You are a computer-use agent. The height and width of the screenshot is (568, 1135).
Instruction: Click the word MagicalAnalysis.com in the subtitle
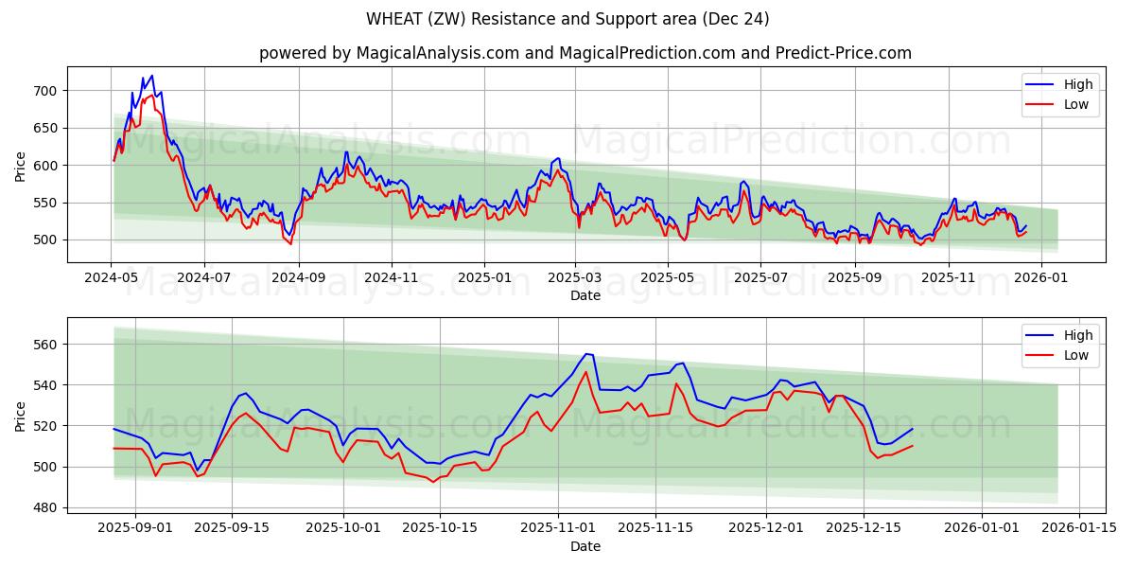pyautogui.click(x=437, y=53)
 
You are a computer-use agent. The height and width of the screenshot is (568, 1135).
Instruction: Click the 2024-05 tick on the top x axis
pyautogui.click(x=112, y=277)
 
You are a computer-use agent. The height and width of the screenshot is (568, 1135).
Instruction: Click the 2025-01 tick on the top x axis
pyautogui.click(x=484, y=277)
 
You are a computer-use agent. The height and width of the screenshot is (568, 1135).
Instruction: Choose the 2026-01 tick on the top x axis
pyautogui.click(x=1041, y=277)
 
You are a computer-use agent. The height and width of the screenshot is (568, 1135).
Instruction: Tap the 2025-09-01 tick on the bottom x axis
pyautogui.click(x=134, y=528)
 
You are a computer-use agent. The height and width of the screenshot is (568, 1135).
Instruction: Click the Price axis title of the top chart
pyautogui.click(x=21, y=166)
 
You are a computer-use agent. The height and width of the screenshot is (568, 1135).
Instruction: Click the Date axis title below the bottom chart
pyautogui.click(x=585, y=546)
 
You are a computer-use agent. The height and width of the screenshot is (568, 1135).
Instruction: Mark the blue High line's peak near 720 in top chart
pyautogui.click(x=151, y=76)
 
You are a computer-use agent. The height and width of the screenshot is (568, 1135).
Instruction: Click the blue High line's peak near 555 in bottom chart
pyautogui.click(x=585, y=354)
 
